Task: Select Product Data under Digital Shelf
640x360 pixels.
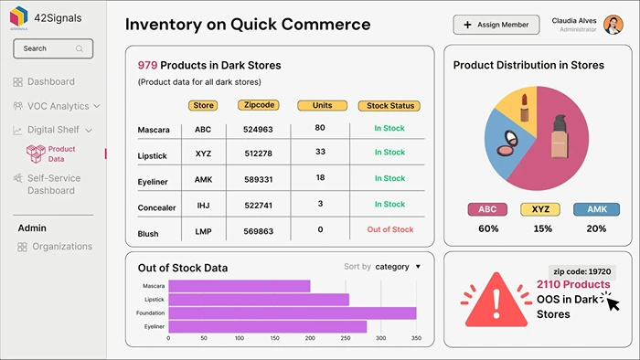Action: point(61,154)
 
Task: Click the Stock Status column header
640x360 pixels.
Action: point(389,106)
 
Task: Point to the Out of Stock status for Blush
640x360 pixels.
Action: point(389,229)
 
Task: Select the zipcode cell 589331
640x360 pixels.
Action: point(258,179)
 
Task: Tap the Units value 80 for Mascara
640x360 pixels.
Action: point(320,127)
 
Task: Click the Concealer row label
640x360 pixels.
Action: point(156,207)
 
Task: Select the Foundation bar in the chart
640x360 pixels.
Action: point(292,312)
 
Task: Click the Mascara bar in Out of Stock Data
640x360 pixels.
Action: point(240,286)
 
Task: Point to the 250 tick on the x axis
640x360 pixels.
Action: point(344,338)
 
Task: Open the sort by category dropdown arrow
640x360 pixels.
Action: point(418,267)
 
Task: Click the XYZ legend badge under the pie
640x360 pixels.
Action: point(541,209)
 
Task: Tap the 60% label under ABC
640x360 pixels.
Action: point(488,228)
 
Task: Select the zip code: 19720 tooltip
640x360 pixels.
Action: point(582,271)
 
